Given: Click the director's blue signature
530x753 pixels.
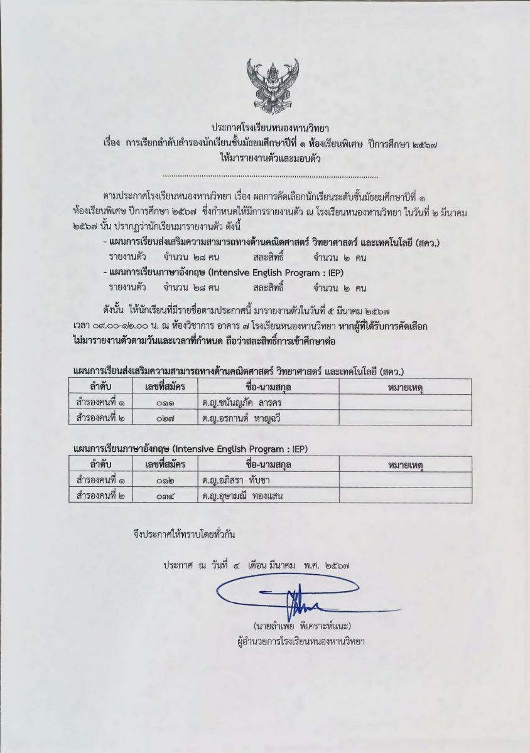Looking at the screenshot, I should pos(295,599).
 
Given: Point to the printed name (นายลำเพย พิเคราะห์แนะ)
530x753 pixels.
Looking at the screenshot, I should pos(302,626).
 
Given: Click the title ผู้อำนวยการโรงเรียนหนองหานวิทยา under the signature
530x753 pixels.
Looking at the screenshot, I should pos(302,641).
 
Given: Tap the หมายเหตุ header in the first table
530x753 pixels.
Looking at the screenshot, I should pos(405,387).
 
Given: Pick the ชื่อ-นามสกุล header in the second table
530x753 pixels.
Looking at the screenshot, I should pos(268,464).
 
